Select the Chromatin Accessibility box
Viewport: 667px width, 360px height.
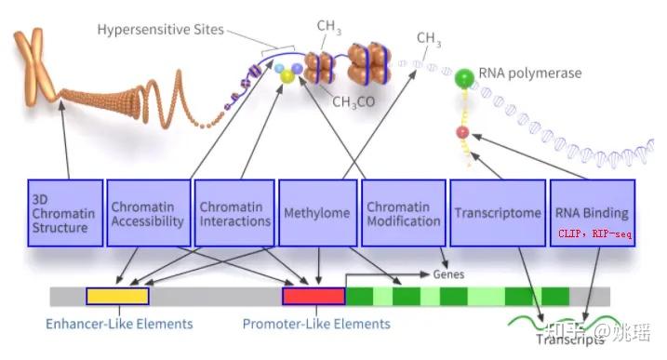147,213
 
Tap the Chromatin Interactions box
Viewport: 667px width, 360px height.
233,213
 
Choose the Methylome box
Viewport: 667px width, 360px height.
316,213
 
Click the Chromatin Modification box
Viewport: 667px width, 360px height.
403,213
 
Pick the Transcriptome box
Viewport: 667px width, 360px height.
497,213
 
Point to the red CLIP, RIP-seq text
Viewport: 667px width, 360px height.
595,234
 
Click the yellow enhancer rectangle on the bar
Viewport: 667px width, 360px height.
117,296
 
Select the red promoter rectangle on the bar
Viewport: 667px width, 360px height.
313,296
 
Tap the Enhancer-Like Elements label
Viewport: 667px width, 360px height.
119,325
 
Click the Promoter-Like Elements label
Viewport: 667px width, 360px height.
316,325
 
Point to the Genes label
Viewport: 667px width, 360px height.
447,275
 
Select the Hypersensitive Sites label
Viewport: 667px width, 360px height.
160,30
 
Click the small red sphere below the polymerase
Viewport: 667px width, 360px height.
461,133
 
